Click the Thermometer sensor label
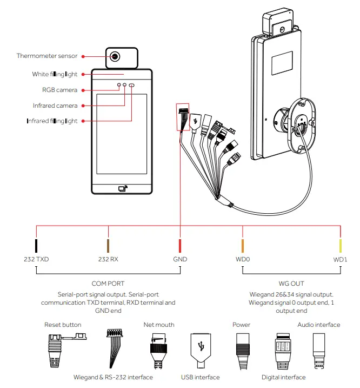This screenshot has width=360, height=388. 46,56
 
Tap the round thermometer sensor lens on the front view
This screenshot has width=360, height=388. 116,56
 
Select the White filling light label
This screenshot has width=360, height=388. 55,74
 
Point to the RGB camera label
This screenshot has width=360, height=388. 59,90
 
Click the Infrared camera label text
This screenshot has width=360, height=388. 55,106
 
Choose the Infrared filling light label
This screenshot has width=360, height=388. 52,121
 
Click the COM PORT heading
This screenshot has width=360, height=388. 108,283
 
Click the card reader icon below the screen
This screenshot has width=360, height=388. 122,189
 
